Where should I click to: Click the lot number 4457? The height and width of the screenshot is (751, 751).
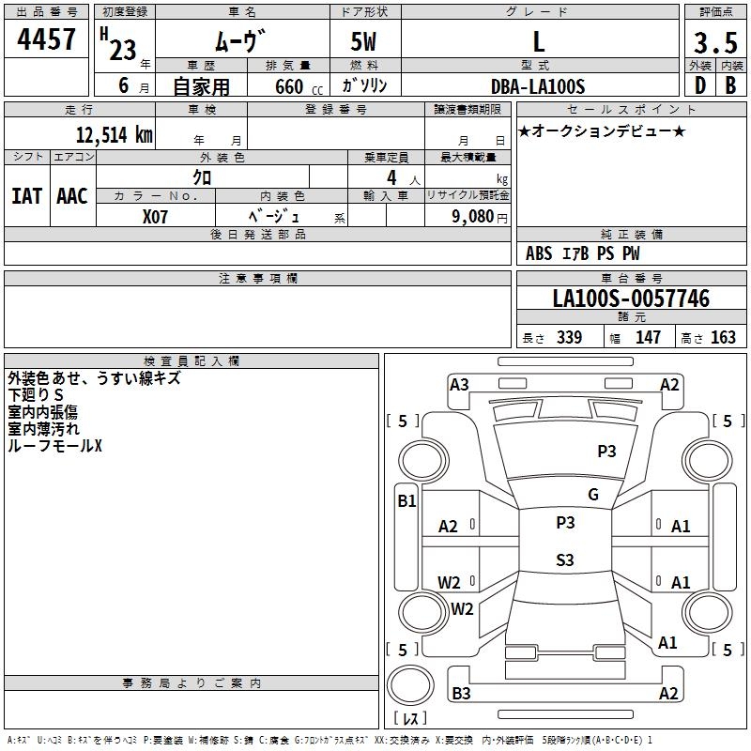tap(47, 39)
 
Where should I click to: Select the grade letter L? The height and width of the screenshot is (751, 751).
tap(538, 41)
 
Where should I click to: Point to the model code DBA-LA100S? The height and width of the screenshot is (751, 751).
tap(538, 86)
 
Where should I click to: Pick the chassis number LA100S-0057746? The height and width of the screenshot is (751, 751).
tap(631, 299)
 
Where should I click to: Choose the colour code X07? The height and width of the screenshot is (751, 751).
tap(156, 215)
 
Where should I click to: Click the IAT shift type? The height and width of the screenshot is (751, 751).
tap(26, 196)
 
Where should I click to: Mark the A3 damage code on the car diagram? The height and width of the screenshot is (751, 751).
tap(459, 384)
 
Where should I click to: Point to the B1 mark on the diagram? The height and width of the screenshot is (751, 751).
tap(406, 501)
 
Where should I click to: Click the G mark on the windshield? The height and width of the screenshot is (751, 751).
tap(592, 495)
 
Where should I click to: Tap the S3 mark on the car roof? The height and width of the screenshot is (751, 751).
tap(564, 560)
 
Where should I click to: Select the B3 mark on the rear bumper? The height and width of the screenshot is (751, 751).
tap(461, 693)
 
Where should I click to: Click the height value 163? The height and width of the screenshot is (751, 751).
tap(723, 338)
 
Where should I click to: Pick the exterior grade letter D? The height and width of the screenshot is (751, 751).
tap(699, 85)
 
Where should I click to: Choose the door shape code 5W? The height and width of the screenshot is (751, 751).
tap(365, 41)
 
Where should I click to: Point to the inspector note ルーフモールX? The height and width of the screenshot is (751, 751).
tap(54, 446)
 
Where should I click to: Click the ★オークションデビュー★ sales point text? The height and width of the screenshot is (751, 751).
tap(602, 130)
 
